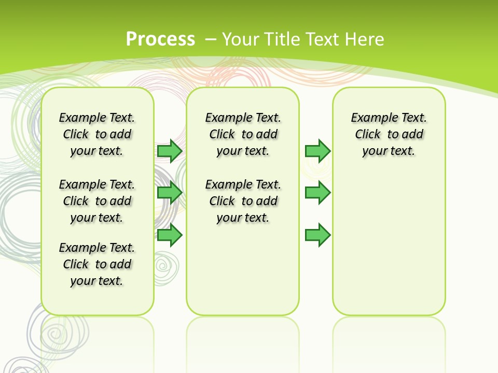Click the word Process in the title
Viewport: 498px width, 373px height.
click(160, 39)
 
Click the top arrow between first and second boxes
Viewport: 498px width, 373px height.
click(170, 151)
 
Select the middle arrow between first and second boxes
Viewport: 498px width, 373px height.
click(170, 193)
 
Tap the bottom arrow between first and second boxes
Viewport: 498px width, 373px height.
click(170, 235)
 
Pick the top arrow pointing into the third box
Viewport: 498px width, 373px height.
click(317, 151)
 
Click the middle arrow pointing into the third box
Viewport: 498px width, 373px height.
click(317, 193)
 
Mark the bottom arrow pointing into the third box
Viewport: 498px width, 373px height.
click(317, 235)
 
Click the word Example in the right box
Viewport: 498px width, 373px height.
click(370, 118)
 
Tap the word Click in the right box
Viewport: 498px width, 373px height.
click(368, 135)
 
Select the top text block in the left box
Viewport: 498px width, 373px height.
click(96, 134)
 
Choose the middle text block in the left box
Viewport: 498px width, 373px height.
click(96, 201)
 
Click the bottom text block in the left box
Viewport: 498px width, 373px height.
click(96, 264)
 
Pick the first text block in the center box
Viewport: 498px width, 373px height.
click(243, 134)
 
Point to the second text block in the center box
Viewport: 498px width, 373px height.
click(243, 201)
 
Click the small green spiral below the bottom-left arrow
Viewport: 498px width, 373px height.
click(165, 267)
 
